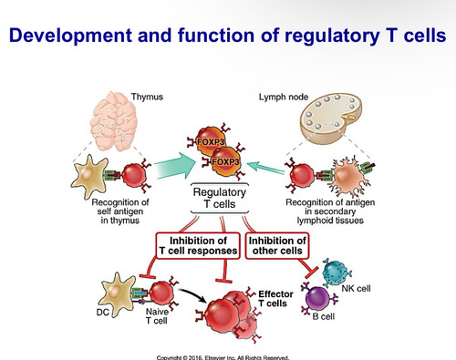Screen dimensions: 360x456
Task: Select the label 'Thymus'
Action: [147, 97]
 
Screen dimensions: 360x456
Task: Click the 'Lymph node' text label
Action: [283, 97]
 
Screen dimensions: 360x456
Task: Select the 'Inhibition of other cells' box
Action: [277, 246]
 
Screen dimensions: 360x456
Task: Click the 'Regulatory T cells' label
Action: [219, 198]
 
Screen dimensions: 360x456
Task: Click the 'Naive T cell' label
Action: [157, 316]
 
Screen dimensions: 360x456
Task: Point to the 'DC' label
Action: [103, 312]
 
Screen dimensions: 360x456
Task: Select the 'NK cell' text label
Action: [356, 288]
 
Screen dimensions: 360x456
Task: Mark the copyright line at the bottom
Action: [223, 357]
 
